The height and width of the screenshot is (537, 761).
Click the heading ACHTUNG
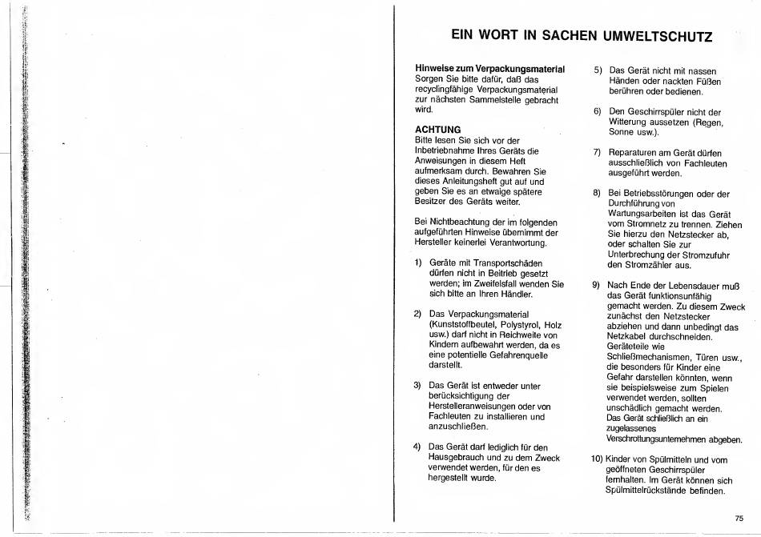point(437,129)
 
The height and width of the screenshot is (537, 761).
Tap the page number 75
point(739,518)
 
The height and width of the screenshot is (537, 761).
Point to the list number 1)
point(419,263)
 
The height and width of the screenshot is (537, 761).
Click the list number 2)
point(418,313)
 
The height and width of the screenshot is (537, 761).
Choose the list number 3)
point(418,386)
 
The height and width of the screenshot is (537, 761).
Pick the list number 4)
point(418,447)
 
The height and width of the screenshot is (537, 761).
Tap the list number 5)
point(598,71)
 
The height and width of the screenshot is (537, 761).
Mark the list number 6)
point(598,112)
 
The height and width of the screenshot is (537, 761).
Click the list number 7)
point(598,153)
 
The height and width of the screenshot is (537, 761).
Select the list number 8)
point(598,194)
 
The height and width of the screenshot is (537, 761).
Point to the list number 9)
point(598,285)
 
